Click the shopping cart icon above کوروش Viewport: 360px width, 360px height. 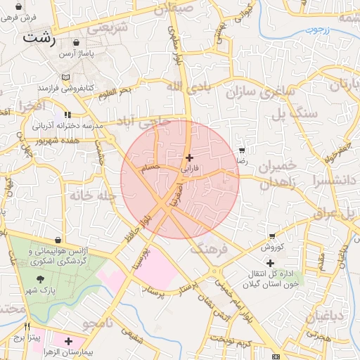pyautogui.click(x=272, y=236)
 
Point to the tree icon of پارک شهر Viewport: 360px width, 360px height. pyautogui.click(x=38, y=279)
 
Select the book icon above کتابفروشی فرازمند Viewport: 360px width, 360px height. pyautogui.click(x=66, y=77)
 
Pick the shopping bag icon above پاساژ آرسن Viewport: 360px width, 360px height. pyautogui.click(x=76, y=42)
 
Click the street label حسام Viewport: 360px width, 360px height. pyautogui.click(x=150, y=169)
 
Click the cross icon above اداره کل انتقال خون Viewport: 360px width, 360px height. pyautogui.click(x=270, y=263)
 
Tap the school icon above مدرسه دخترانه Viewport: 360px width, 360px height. pyautogui.click(x=67, y=115)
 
